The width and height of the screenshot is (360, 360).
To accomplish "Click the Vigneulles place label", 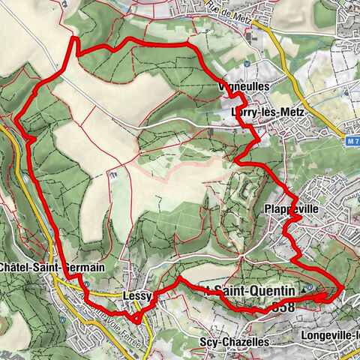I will pyautogui.click(x=222, y=87).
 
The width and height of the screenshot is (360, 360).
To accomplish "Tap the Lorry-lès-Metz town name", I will pyautogui.click(x=256, y=112).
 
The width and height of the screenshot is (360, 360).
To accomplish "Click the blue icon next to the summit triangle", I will pyautogui.click(x=310, y=286).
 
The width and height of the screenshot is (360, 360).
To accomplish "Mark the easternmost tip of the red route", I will pyautogui.click(x=343, y=288).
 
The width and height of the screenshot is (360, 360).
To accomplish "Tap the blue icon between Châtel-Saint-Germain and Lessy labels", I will pyautogui.click(x=87, y=284).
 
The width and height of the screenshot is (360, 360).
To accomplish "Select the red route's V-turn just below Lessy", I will pyautogui.click(x=136, y=322).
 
